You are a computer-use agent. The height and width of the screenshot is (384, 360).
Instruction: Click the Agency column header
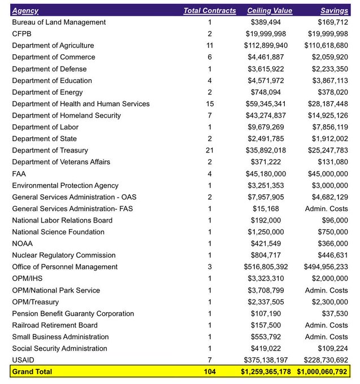pyautogui.click(x=25, y=11)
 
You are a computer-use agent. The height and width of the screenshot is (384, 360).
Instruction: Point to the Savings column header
pyautogui.click(x=334, y=11)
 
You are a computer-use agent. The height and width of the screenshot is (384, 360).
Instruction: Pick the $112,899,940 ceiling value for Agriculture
pyautogui.click(x=266, y=46)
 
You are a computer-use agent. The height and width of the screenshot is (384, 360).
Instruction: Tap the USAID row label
pyautogui.click(x=23, y=360)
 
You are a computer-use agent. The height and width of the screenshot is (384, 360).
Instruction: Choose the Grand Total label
pyautogui.click(x=32, y=372)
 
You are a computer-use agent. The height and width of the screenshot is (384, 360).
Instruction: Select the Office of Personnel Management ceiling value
pyautogui.click(x=266, y=267)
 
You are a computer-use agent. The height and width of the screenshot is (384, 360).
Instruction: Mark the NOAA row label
pyautogui.click(x=23, y=243)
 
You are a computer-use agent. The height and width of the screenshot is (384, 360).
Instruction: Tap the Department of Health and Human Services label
pyautogui.click(x=81, y=104)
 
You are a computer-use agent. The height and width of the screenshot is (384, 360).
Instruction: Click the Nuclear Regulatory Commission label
pyautogui.click(x=64, y=255)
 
